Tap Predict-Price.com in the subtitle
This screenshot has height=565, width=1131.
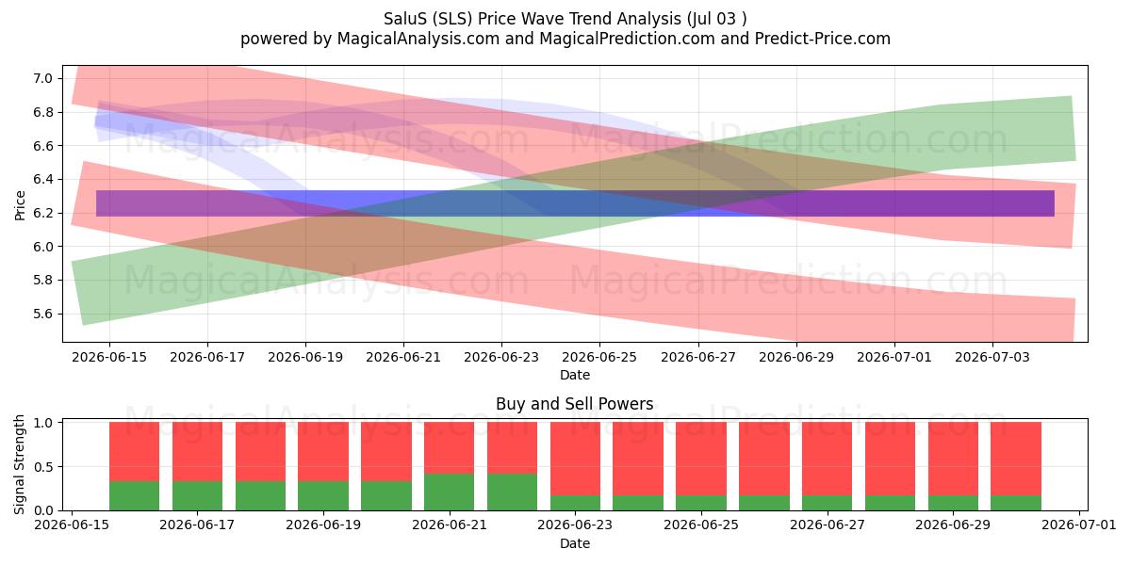823,39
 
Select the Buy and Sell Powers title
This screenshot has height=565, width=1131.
575,404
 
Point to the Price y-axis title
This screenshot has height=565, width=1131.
20,205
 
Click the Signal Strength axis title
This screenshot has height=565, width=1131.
19,464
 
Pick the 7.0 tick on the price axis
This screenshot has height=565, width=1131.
43,79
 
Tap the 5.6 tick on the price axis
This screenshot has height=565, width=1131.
43,314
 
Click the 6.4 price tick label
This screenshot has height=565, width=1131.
43,180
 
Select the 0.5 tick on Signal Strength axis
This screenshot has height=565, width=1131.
43,467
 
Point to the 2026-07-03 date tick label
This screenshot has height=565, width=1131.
992,357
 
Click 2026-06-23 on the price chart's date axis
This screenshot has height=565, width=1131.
501,357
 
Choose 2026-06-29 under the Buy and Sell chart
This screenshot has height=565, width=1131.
953,525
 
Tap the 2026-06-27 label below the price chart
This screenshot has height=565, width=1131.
698,357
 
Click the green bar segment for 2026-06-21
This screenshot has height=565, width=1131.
449,492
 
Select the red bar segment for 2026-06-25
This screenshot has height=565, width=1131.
701,459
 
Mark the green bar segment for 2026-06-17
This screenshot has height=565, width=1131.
197,496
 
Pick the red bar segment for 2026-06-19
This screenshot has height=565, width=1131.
323,451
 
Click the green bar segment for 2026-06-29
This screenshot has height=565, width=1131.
953,503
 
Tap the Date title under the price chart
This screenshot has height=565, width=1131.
575,375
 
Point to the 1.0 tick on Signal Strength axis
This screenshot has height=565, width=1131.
43,423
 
